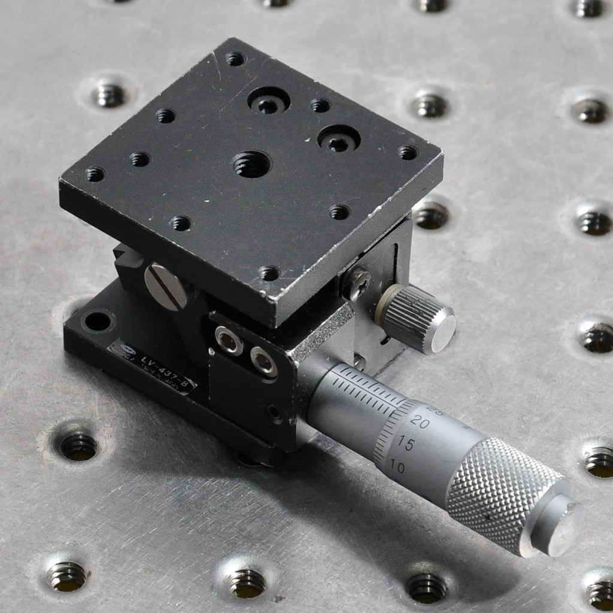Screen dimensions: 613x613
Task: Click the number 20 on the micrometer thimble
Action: (420, 422)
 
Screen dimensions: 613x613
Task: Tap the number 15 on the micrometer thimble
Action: (406, 444)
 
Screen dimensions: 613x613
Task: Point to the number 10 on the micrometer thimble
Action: (396, 466)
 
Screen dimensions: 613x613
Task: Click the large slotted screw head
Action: (168, 286)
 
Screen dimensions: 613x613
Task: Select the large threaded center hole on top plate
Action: (251, 164)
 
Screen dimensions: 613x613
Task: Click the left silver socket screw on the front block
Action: (229, 341)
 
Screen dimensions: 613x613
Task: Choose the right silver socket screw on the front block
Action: (263, 360)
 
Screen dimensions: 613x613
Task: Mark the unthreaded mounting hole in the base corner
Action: (97, 321)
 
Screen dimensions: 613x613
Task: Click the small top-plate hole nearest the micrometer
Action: (269, 273)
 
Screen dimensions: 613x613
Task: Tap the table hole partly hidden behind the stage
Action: (430, 215)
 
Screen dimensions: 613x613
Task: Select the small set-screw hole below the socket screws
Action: (274, 411)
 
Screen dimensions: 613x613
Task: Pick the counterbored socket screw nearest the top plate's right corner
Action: (339, 139)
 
